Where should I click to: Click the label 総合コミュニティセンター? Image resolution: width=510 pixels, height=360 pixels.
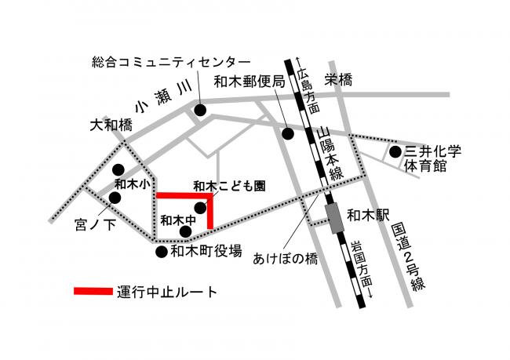171,61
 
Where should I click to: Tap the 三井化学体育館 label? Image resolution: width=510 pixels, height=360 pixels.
434,158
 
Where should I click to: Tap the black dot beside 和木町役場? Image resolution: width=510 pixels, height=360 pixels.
161,251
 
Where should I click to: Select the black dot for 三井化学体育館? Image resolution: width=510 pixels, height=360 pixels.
395,152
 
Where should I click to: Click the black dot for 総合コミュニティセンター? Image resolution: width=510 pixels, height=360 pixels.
200,111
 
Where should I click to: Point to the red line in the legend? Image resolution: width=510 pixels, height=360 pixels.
93,292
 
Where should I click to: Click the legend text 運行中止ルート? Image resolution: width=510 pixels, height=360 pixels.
166,292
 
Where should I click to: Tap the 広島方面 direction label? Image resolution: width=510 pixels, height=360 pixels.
312,89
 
